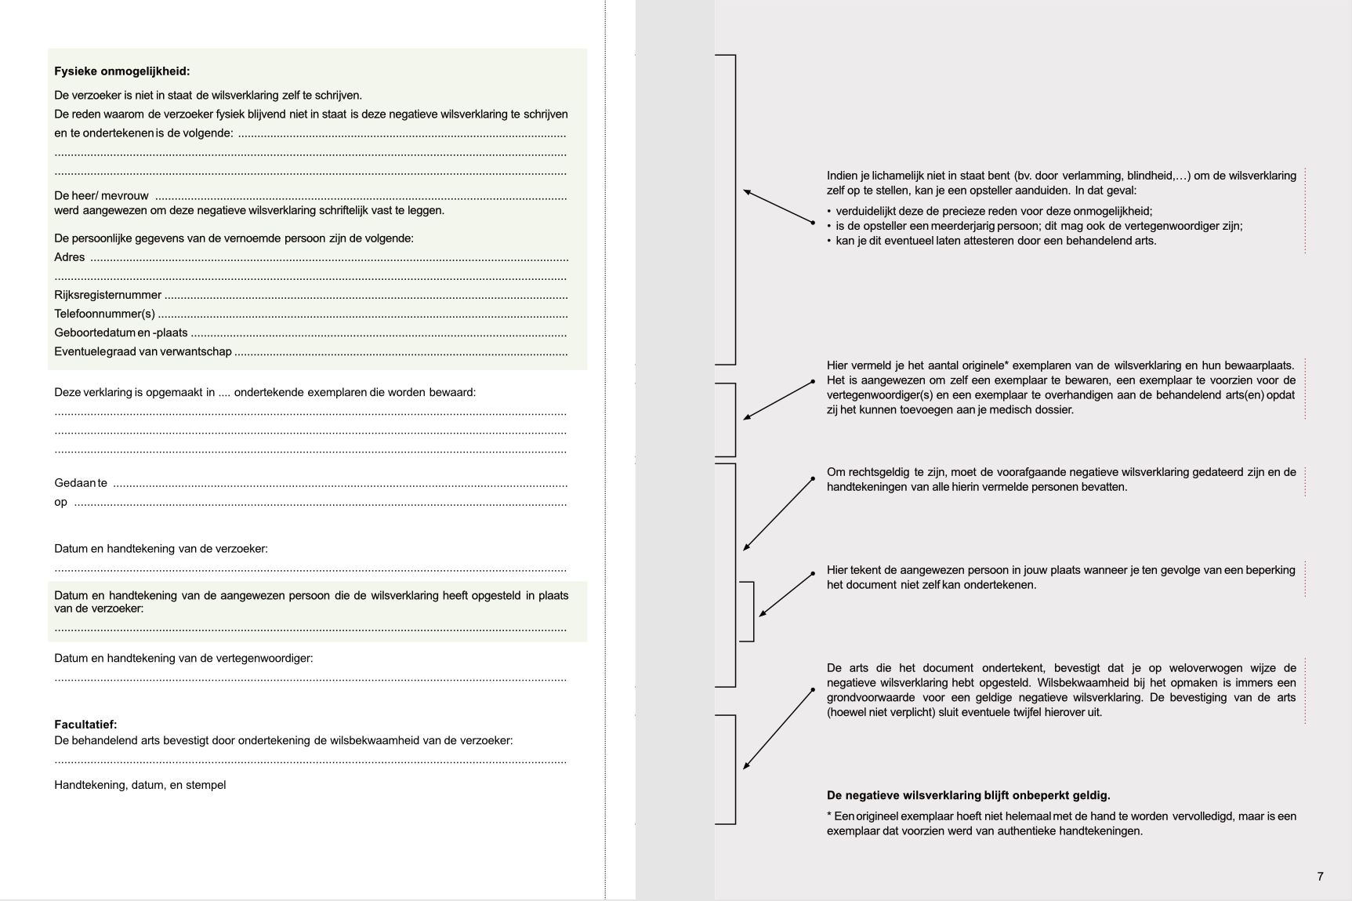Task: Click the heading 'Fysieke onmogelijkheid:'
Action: (121, 71)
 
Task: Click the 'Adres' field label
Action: (69, 257)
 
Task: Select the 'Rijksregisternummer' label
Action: (107, 295)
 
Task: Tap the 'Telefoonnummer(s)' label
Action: (104, 314)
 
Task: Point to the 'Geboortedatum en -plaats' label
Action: (121, 332)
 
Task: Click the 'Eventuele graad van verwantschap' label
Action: (143, 351)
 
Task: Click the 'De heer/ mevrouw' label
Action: (101, 195)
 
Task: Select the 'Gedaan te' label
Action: (80, 483)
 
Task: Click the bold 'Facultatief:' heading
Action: (85, 725)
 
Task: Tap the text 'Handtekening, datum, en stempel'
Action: (140, 785)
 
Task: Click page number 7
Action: (1320, 876)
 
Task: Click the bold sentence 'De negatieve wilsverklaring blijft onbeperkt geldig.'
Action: (968, 795)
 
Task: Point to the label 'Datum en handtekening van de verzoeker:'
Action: (161, 549)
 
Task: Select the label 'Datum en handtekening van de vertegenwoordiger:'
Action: (183, 658)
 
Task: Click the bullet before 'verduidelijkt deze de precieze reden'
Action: (829, 212)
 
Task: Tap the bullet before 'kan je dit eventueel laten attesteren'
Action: (829, 242)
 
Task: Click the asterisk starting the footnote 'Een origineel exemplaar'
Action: (829, 816)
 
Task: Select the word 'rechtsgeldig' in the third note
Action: (876, 472)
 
